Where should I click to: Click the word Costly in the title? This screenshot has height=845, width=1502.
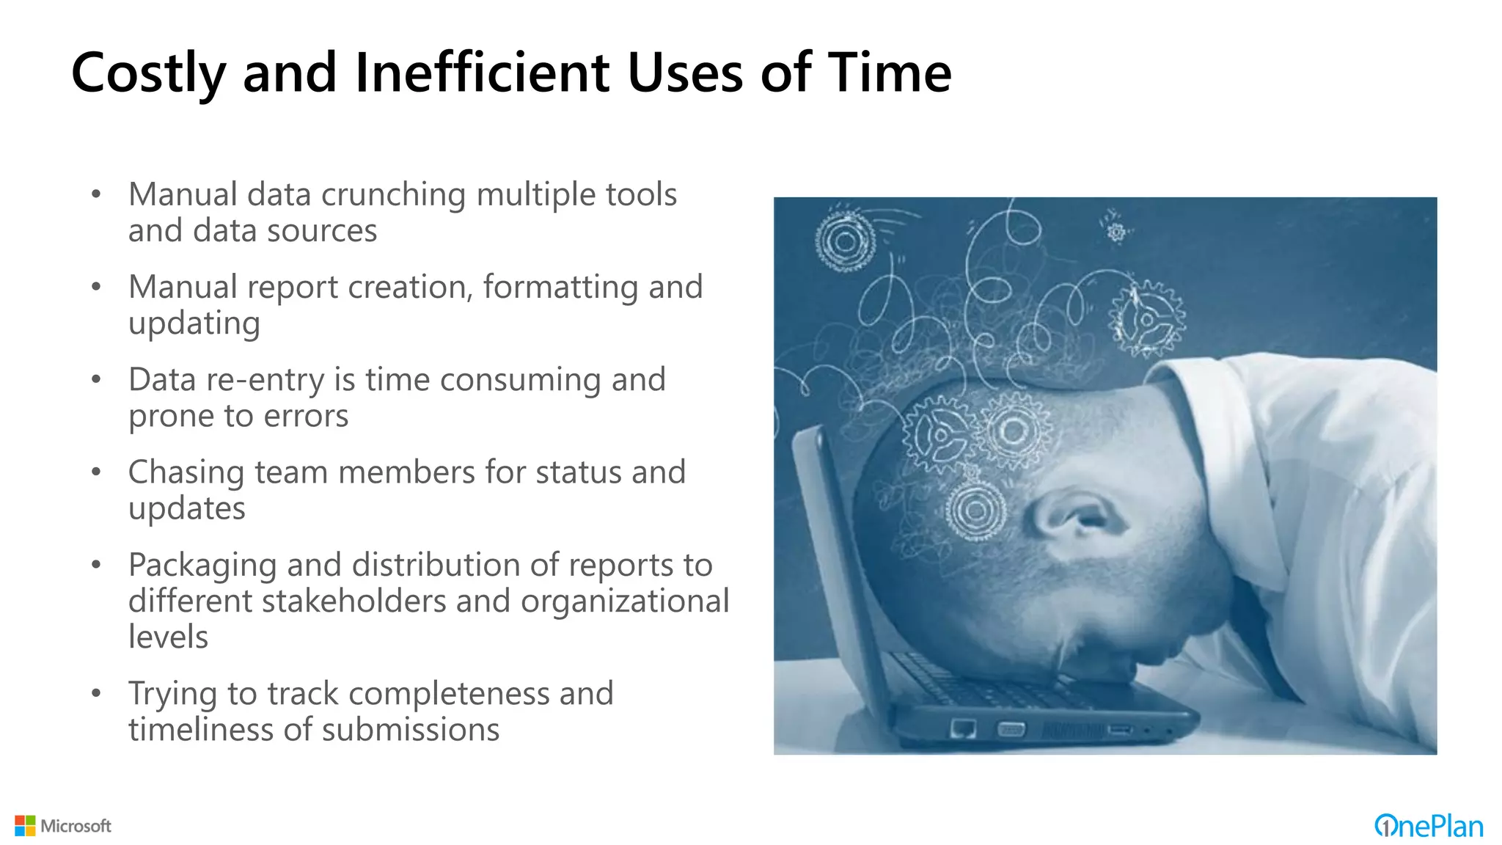148,73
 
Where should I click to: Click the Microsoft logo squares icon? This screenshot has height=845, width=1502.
25,826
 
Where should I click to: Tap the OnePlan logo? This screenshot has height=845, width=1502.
1428,827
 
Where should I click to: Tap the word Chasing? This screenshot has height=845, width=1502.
186,473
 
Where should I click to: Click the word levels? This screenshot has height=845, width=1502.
168,637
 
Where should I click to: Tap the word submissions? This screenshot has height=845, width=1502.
410,730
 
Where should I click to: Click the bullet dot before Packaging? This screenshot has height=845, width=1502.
96,566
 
